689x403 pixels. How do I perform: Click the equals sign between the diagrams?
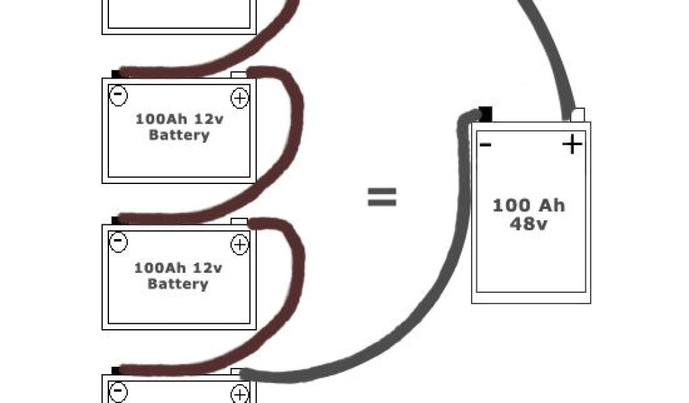pyautogui.click(x=382, y=197)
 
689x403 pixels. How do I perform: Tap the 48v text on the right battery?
pyautogui.click(x=528, y=224)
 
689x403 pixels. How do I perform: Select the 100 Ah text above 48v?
pyautogui.click(x=528, y=206)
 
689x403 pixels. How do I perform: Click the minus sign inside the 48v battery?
pyautogui.click(x=484, y=144)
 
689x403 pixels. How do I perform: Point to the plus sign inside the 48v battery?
pyautogui.click(x=572, y=144)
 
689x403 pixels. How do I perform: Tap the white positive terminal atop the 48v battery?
pyautogui.click(x=577, y=114)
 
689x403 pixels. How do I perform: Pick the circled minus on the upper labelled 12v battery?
pyautogui.click(x=118, y=95)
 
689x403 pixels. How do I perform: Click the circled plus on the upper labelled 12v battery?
pyautogui.click(x=239, y=98)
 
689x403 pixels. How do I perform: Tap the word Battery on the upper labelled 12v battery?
pyautogui.click(x=179, y=135)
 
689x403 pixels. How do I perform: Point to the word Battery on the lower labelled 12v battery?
pyautogui.click(x=178, y=283)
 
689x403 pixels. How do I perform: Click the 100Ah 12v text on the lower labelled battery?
pyautogui.click(x=178, y=267)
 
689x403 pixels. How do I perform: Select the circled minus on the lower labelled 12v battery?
pyautogui.click(x=118, y=241)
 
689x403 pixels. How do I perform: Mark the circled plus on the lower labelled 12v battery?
pyautogui.click(x=239, y=244)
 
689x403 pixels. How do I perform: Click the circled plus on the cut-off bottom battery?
pyautogui.click(x=239, y=394)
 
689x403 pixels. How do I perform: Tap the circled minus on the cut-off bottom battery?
pyautogui.click(x=118, y=391)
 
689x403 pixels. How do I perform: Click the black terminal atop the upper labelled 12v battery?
pyautogui.click(x=116, y=74)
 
